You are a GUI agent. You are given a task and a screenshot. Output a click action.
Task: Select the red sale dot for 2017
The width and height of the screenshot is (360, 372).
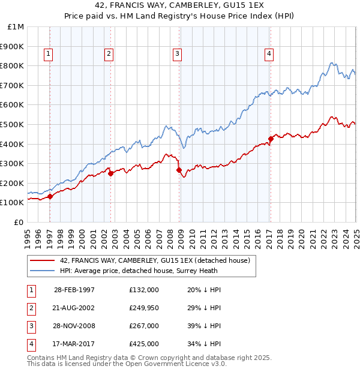[271, 139]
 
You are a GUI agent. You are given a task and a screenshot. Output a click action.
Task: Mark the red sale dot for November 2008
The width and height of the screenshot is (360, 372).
[179, 170]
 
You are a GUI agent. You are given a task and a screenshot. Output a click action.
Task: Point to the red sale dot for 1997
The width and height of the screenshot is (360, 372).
[50, 196]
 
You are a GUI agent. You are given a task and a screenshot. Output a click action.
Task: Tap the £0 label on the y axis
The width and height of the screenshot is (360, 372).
[18, 222]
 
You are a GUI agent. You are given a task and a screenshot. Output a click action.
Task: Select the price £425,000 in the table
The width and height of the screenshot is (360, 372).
[144, 344]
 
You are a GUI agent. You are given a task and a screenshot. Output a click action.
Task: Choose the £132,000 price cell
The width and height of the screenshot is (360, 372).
[144, 290]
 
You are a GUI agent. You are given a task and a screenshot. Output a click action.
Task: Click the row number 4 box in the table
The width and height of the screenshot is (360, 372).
[31, 344]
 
